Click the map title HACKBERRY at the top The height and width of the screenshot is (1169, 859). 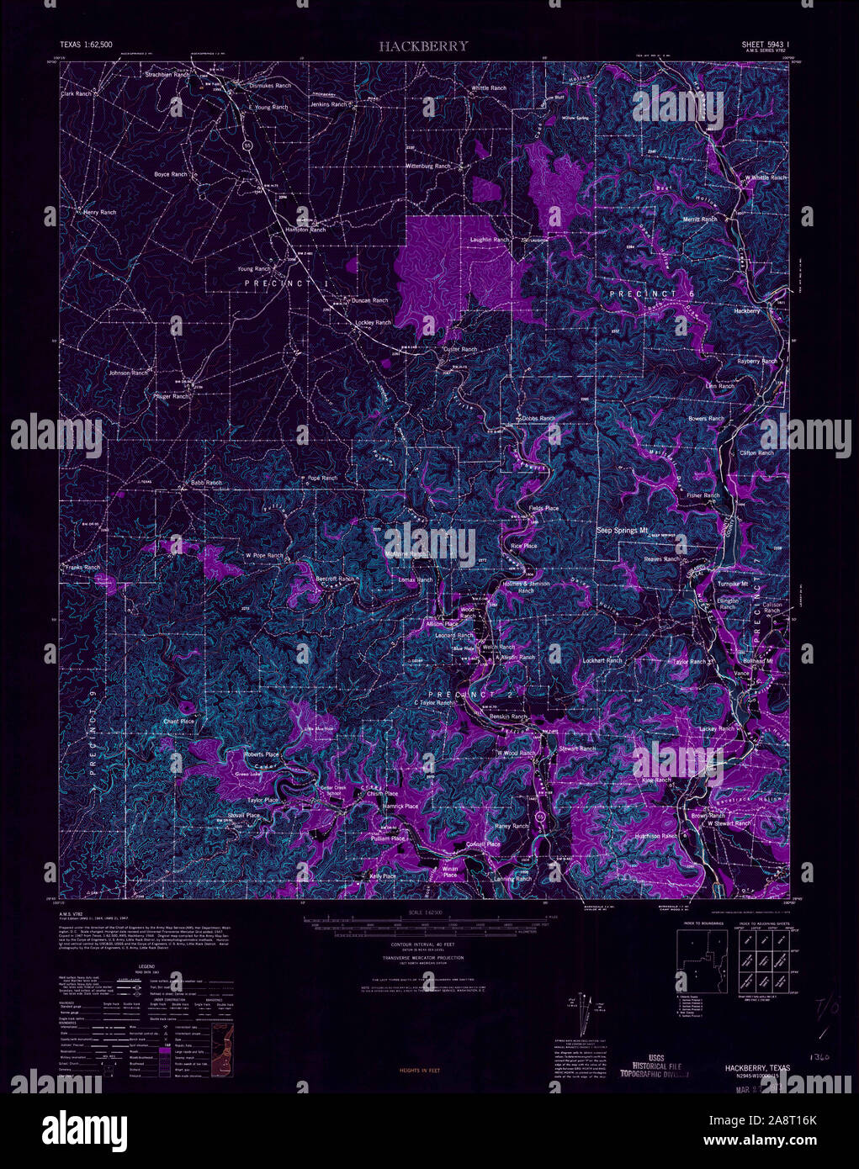point(422,46)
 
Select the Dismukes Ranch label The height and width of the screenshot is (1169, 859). point(270,86)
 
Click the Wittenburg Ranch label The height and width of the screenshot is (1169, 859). point(428,167)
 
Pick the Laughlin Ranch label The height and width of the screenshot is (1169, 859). point(489,240)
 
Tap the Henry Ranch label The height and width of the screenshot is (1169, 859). point(99,213)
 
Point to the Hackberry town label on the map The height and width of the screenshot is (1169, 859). point(747,310)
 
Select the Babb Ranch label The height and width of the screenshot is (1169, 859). point(206,483)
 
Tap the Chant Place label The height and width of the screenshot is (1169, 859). point(178,722)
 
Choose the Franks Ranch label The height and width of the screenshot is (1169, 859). point(82,568)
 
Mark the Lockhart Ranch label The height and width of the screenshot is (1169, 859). point(602,661)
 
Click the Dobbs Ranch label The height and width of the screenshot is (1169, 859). point(538,418)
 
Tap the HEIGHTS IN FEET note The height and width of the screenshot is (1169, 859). point(422,1071)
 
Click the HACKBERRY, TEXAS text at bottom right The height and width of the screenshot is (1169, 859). point(756,1067)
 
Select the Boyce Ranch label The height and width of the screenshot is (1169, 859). point(170,174)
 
